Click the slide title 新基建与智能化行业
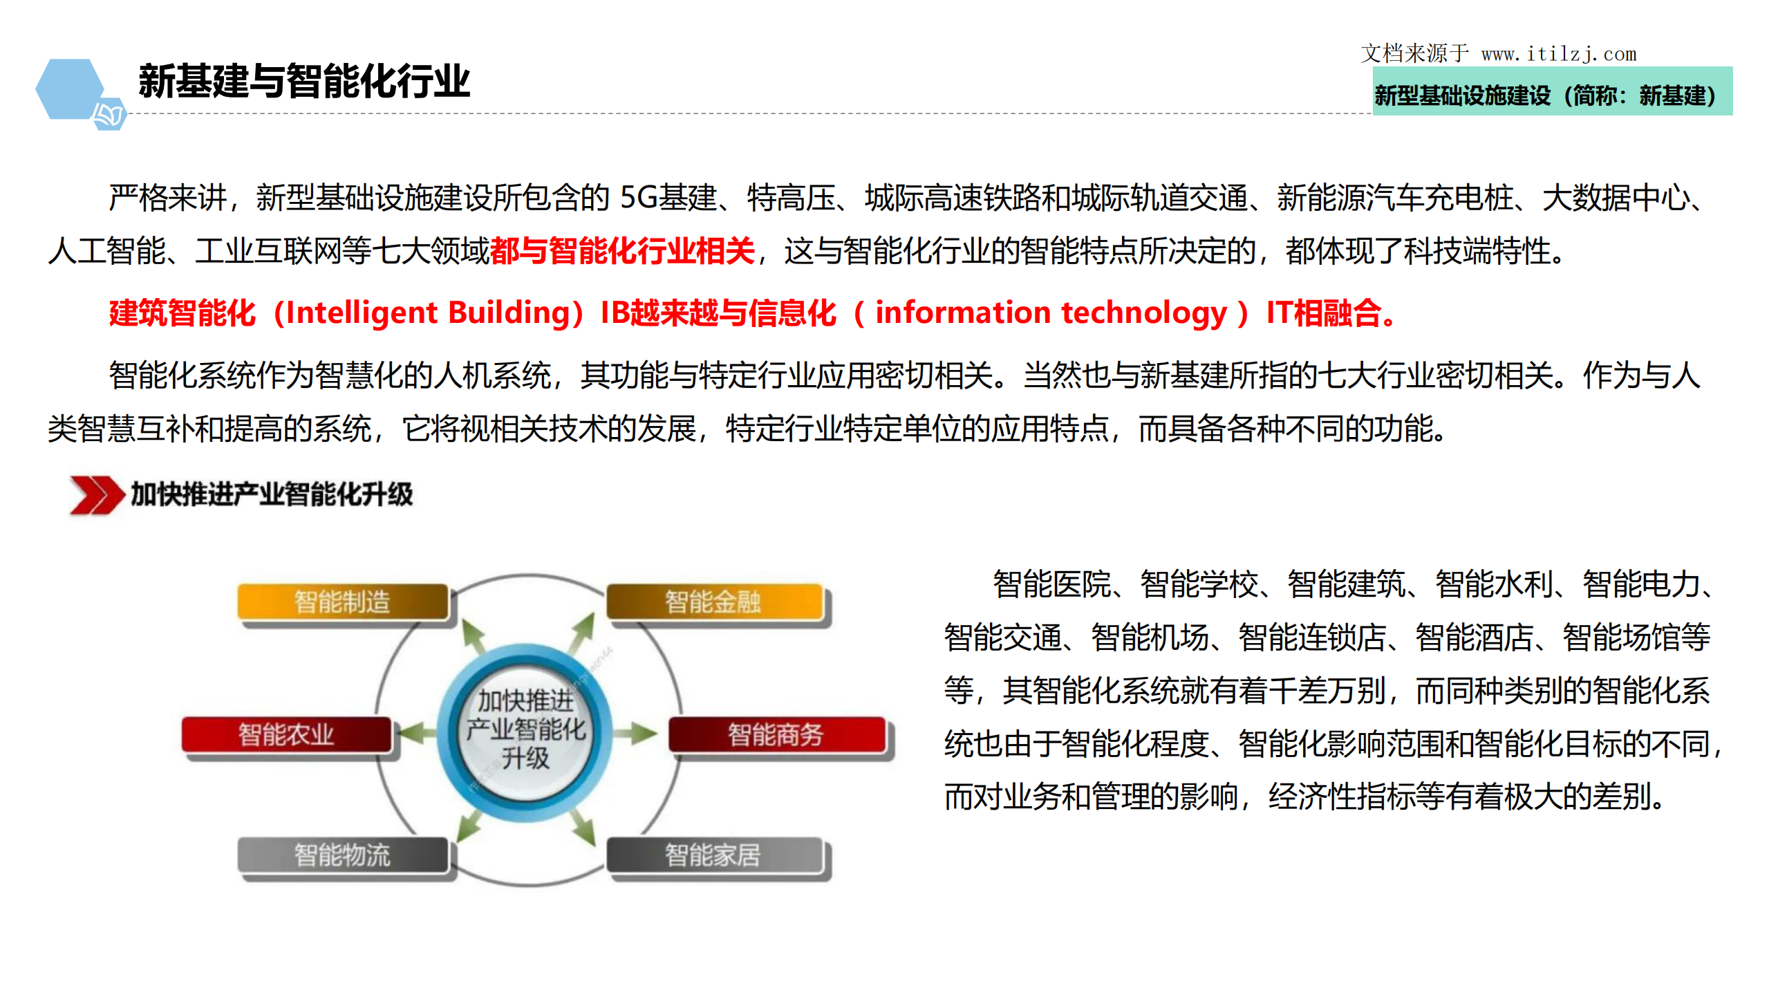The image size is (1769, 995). point(303,82)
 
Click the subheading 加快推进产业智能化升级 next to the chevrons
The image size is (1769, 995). point(272,494)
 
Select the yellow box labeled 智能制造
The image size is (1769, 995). point(342,602)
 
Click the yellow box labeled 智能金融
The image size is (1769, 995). point(713,602)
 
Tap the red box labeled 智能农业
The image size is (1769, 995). point(286,734)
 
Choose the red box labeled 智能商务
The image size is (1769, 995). point(776,734)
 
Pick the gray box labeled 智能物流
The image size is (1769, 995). point(342,855)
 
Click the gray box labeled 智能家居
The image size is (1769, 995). point(713,855)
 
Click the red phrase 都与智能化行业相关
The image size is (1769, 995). point(622,250)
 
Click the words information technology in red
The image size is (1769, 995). point(1051,313)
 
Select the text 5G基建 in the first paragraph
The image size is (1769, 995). point(668,198)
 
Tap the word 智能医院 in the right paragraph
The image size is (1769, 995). point(1051,585)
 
